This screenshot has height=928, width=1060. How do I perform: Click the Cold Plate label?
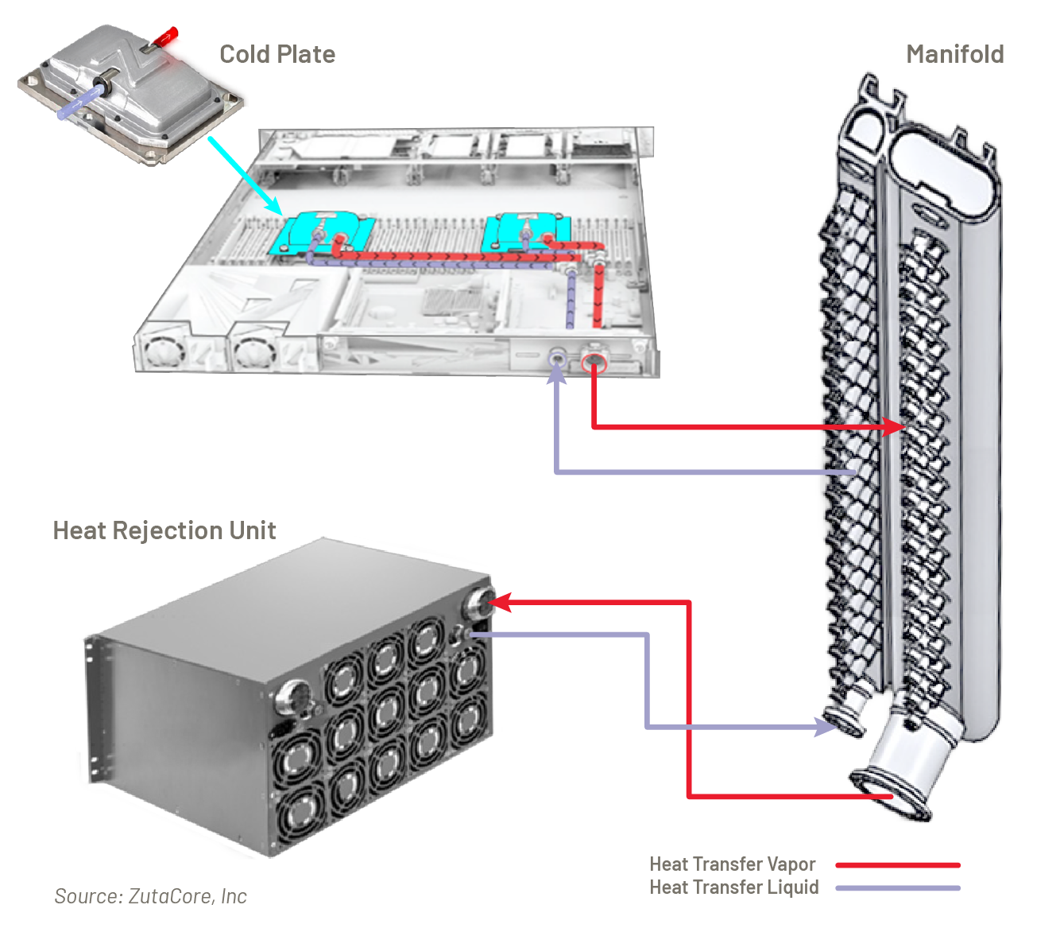click(x=277, y=54)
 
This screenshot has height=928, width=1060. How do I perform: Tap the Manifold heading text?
click(x=954, y=54)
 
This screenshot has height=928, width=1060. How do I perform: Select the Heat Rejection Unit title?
click(x=164, y=530)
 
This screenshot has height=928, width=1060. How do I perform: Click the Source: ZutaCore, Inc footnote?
click(x=150, y=896)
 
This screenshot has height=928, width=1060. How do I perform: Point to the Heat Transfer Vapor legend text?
click(x=732, y=864)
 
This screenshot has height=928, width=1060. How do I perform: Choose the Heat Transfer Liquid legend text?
click(x=733, y=887)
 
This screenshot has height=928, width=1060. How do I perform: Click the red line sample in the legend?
click(x=898, y=865)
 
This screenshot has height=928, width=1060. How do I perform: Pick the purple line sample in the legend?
click(x=898, y=888)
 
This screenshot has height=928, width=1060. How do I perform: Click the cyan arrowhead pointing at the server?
click(x=275, y=208)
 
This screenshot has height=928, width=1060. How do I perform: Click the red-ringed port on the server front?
click(x=594, y=363)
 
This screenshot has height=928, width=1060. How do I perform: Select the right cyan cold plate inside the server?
click(x=526, y=230)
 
